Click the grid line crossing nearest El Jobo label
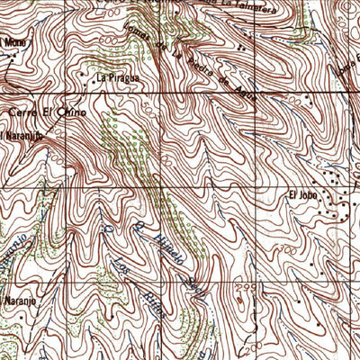click(x=256, y=185)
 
